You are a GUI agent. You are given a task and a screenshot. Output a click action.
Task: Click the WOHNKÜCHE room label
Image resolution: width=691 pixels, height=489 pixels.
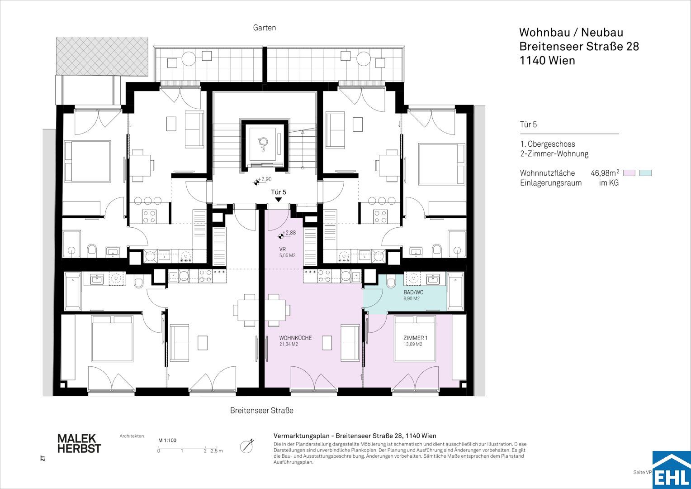295,338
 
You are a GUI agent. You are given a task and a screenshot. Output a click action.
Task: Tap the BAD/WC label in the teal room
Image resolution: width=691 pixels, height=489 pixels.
413,292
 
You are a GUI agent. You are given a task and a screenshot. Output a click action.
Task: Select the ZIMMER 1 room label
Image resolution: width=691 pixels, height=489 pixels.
416,338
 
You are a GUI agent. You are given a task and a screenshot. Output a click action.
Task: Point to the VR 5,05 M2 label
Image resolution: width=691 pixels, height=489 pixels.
287,252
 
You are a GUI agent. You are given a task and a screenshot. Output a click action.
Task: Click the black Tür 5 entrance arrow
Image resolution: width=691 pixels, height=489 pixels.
278,200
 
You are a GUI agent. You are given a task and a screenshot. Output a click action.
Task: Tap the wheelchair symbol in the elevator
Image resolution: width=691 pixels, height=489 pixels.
263,144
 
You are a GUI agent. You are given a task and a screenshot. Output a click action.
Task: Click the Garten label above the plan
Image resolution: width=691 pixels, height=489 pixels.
265,28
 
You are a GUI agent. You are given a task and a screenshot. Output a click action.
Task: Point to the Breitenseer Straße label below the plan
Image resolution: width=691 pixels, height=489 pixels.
261,411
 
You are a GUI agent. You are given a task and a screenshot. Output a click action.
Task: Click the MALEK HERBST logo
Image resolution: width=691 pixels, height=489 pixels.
79,444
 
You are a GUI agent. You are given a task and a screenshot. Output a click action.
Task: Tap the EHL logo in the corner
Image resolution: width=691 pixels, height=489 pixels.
672,470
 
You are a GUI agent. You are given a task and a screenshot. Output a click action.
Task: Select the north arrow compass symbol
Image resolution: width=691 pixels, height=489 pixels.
247,446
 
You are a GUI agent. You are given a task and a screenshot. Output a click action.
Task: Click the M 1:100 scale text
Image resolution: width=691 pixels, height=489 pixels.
167,441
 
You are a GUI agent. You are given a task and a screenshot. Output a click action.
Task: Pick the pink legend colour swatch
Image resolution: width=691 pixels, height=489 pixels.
629,173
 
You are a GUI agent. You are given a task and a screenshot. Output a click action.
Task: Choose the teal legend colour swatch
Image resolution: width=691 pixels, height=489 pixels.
646,173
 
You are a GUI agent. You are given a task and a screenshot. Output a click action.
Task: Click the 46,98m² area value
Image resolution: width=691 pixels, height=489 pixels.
605,173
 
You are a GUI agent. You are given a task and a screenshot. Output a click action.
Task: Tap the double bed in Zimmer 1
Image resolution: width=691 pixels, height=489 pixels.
415,338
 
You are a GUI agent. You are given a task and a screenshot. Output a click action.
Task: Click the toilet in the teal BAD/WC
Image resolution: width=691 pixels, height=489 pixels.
391,283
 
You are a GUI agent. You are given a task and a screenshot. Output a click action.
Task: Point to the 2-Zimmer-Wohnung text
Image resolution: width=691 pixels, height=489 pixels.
554,154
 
